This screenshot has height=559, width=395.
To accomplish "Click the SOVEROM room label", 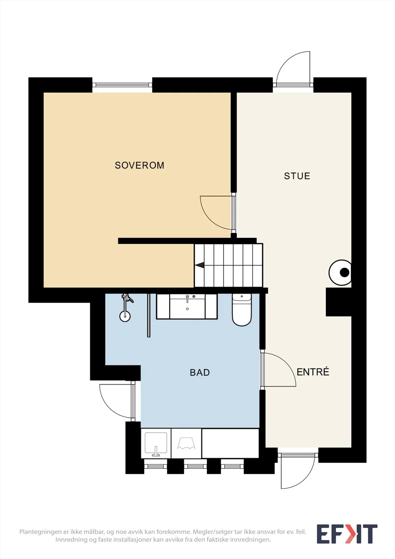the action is tap(139, 165).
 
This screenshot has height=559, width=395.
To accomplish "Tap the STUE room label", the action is tap(297, 176).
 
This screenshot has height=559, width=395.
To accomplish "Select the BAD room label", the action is tap(200, 372).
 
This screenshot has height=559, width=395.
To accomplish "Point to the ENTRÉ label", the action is tap(313, 372).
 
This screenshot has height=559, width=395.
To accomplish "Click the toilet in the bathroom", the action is tap(242, 310).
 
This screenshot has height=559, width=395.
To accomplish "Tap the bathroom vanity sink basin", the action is tap(188, 306).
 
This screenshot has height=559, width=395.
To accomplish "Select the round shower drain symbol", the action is tap(125, 317).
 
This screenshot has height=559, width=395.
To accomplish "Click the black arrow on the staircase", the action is tap(200, 265).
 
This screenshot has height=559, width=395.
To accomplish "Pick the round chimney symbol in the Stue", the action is tap(340, 273).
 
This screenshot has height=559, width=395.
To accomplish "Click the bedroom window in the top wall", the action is tap(122, 85).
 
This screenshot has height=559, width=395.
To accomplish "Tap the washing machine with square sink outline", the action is tap(156, 443).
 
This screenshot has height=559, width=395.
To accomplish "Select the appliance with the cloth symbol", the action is tap(186, 443).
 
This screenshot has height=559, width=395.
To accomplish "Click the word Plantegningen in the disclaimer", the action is tap(41, 532).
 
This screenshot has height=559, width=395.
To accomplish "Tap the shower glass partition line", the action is tap(149, 315).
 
